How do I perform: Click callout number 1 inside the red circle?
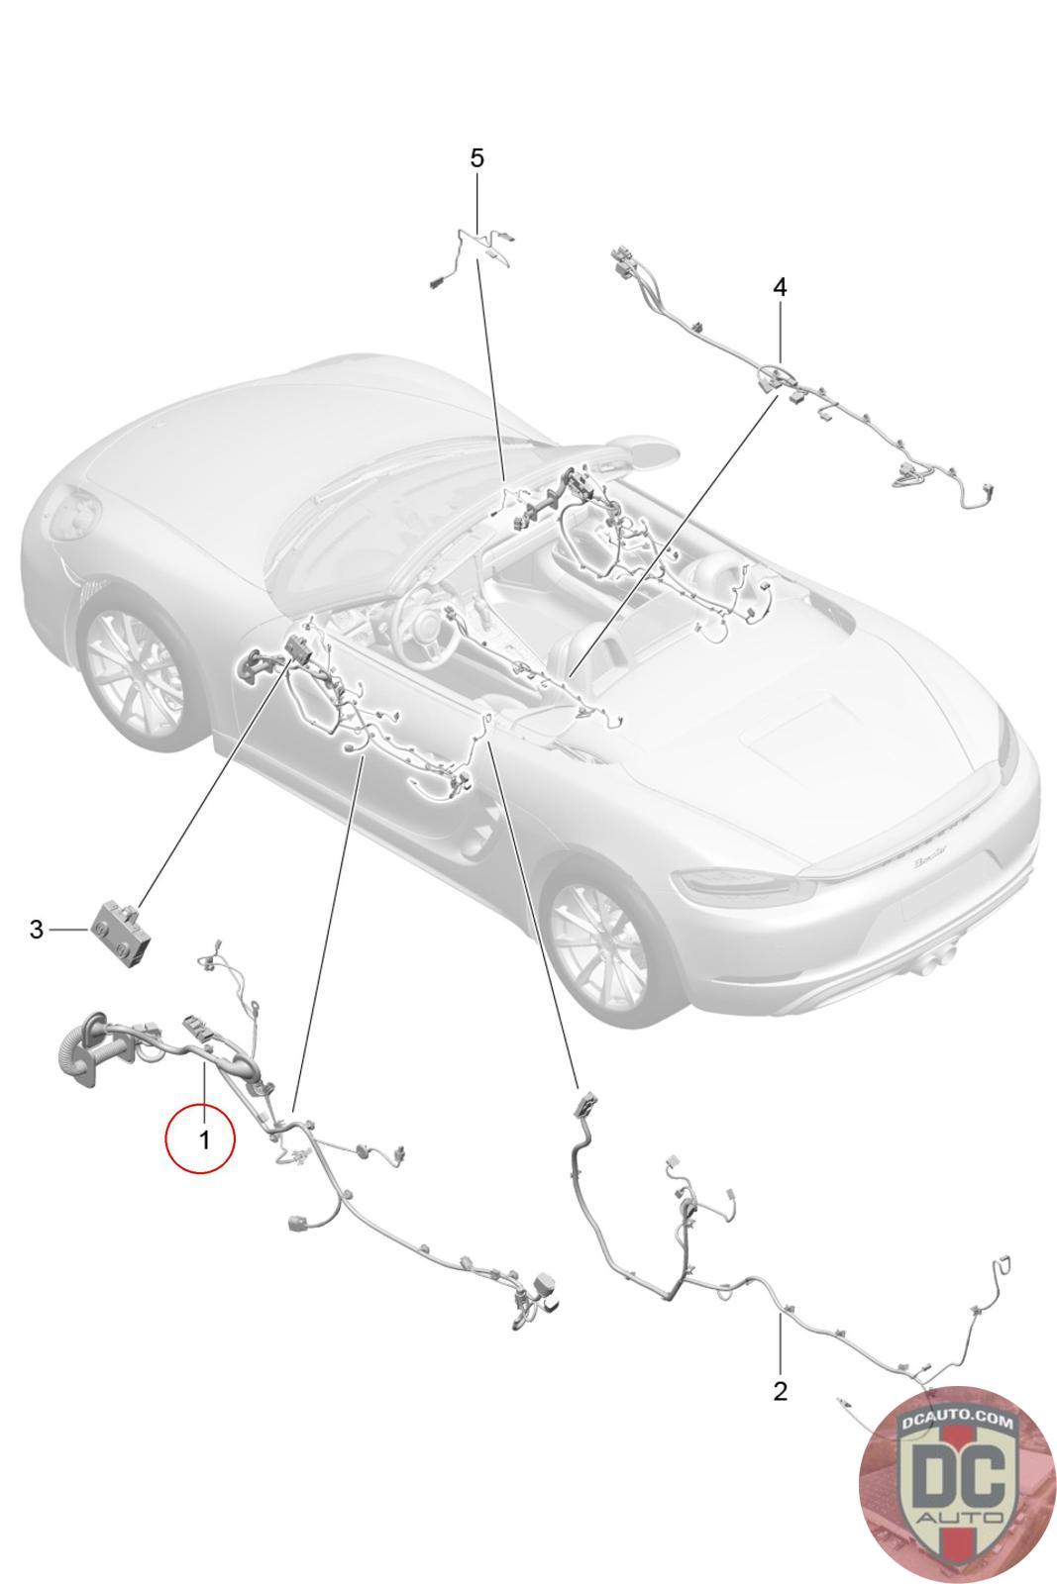(x=204, y=1139)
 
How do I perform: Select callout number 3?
(x=36, y=929)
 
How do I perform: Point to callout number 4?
(x=779, y=287)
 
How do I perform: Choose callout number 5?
(x=476, y=158)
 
